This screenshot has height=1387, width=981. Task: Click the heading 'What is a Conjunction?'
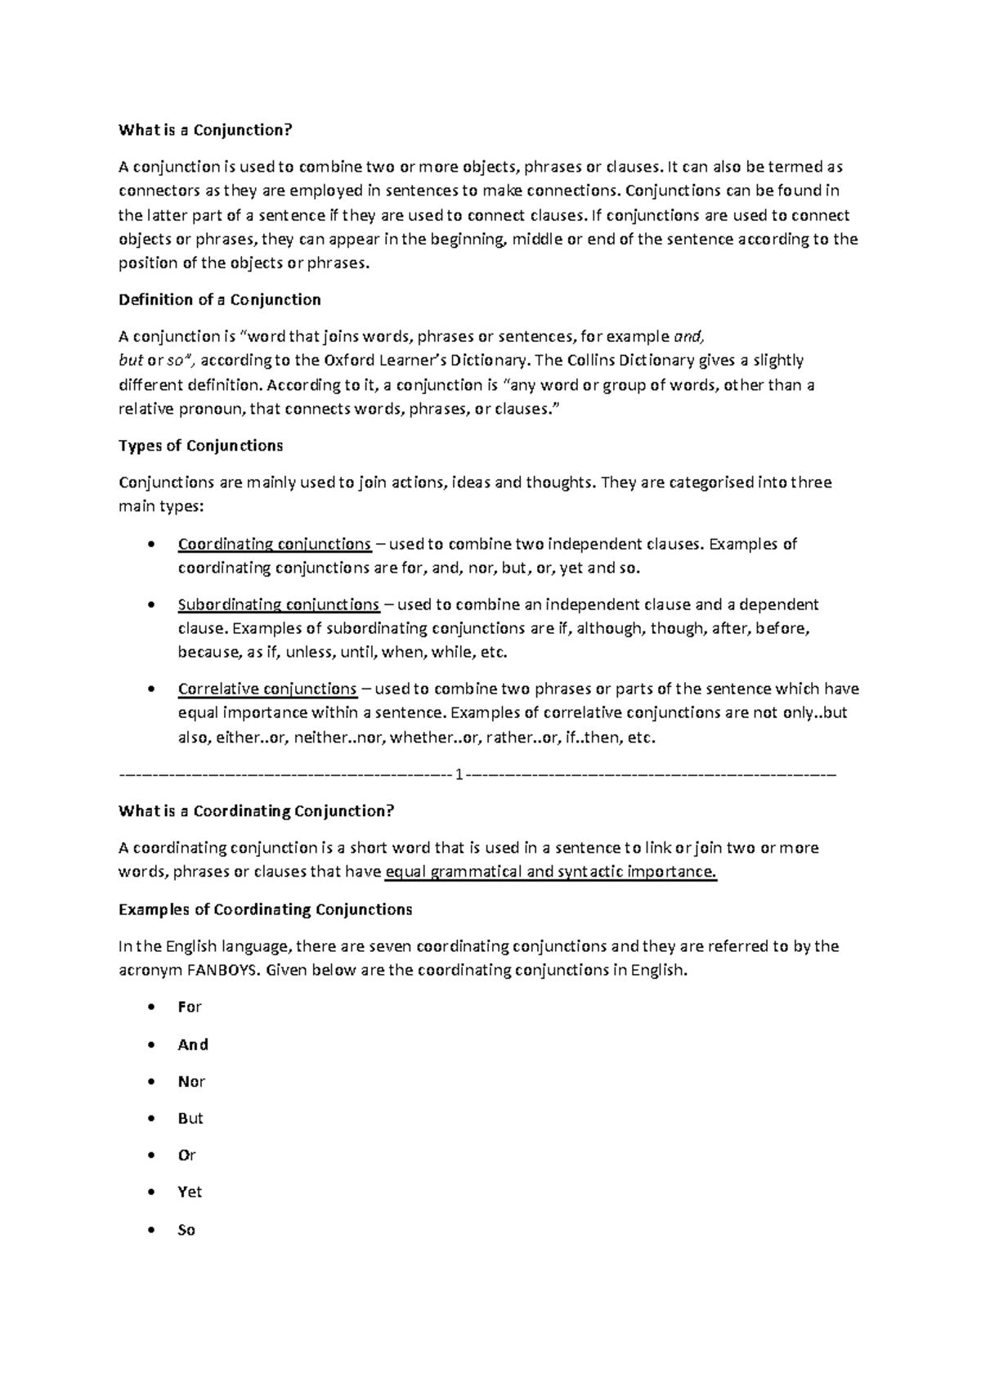click(204, 130)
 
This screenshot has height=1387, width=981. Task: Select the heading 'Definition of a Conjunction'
click(219, 299)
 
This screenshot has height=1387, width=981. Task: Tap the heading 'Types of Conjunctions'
click(200, 446)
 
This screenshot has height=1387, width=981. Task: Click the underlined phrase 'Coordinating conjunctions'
click(274, 544)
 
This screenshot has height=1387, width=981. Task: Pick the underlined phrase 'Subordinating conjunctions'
click(278, 604)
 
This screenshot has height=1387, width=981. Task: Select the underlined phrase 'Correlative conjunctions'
click(267, 689)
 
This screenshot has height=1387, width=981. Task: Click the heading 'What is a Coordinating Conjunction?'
click(256, 811)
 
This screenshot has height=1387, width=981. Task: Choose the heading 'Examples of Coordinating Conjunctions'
click(265, 909)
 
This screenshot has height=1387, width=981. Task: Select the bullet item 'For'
click(189, 1008)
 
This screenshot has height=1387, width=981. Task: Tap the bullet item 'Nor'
click(190, 1081)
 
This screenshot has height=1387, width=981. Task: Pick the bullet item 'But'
click(190, 1118)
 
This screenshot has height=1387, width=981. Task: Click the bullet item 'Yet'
click(189, 1192)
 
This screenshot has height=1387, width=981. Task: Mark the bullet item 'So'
click(186, 1230)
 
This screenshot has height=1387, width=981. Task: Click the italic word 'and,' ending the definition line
click(687, 336)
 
